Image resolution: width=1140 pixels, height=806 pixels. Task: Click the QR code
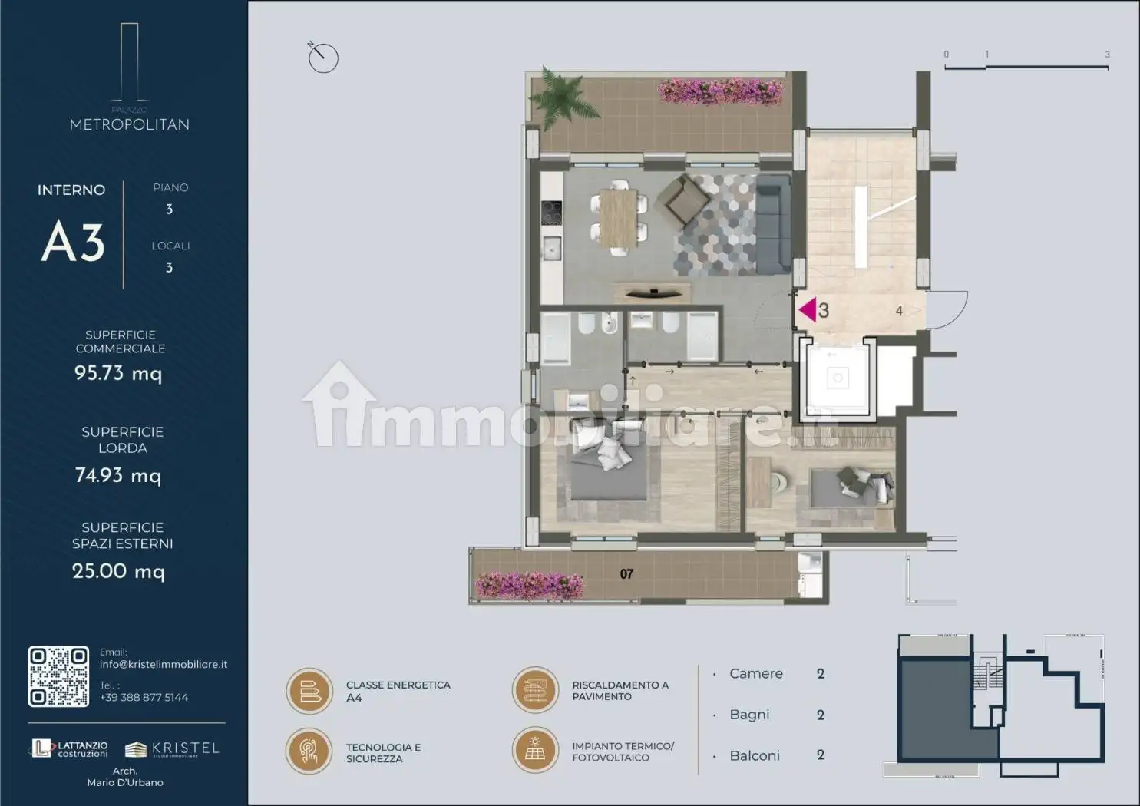pos(58,676)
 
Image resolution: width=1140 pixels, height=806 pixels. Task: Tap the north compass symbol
pos(323,58)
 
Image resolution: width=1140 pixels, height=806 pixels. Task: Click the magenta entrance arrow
pos(807,310)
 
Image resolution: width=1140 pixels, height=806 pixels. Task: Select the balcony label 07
pos(626,574)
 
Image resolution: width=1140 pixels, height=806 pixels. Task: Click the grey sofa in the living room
pos(773,224)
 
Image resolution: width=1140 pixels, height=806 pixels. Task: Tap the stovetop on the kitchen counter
pos(551,213)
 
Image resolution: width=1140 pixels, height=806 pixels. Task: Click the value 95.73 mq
pos(118,373)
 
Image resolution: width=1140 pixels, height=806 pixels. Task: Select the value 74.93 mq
pos(118,476)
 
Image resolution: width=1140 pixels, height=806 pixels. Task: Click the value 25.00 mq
pos(118,571)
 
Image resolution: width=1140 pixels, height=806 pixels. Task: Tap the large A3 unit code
pos(73,242)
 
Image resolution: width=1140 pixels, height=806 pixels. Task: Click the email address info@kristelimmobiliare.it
pos(164,665)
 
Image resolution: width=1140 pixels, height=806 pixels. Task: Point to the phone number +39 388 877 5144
pos(144,698)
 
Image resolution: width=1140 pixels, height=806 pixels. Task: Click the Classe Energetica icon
pos(309,691)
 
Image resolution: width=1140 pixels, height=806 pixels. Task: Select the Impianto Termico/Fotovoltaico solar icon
pos(535,750)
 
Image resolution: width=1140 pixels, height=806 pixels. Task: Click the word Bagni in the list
pos(749,715)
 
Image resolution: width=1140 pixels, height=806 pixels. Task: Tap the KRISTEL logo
pos(173,748)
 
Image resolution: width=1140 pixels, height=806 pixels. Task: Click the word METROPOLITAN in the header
pos(129,124)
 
